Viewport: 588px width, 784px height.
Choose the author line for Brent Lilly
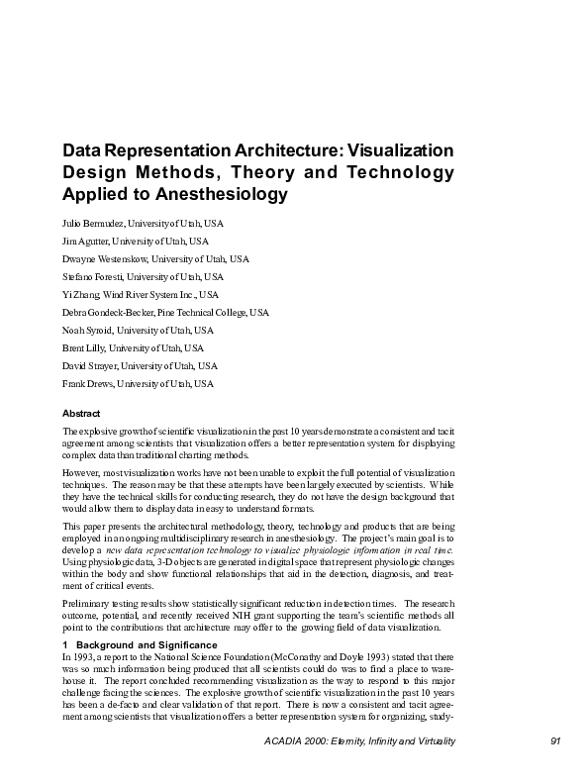[x=133, y=347]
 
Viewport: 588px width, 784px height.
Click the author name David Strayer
[x=92, y=365]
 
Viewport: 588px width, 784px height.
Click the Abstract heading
[x=81, y=413]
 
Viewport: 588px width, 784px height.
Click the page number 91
[x=554, y=741]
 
